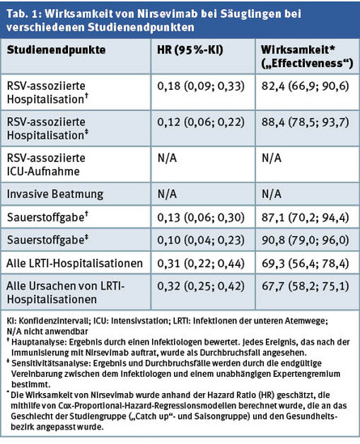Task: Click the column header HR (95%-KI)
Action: tap(190, 50)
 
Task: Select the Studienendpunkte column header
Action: tap(56, 50)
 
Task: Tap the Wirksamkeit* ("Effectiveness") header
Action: tap(307, 57)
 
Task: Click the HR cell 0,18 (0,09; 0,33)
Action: tap(201, 86)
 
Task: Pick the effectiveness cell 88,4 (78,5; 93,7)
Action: tap(305, 122)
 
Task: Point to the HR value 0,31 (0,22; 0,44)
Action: tap(201, 264)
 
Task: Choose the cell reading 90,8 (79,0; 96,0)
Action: tap(305, 240)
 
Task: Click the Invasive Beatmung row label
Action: tap(55, 194)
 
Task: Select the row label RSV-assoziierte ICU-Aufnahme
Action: tap(46, 164)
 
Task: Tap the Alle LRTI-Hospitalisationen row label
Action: tap(74, 264)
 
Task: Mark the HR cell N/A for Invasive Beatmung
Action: tap(167, 194)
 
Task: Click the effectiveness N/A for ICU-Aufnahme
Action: tap(271, 158)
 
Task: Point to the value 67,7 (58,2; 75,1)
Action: tap(305, 286)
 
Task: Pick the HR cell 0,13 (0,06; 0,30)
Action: tap(201, 218)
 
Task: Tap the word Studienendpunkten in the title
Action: tap(141, 27)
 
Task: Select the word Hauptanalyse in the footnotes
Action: tap(39, 342)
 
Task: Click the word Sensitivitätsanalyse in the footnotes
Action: tap(50, 363)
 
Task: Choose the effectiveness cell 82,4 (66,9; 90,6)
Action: tap(305, 86)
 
